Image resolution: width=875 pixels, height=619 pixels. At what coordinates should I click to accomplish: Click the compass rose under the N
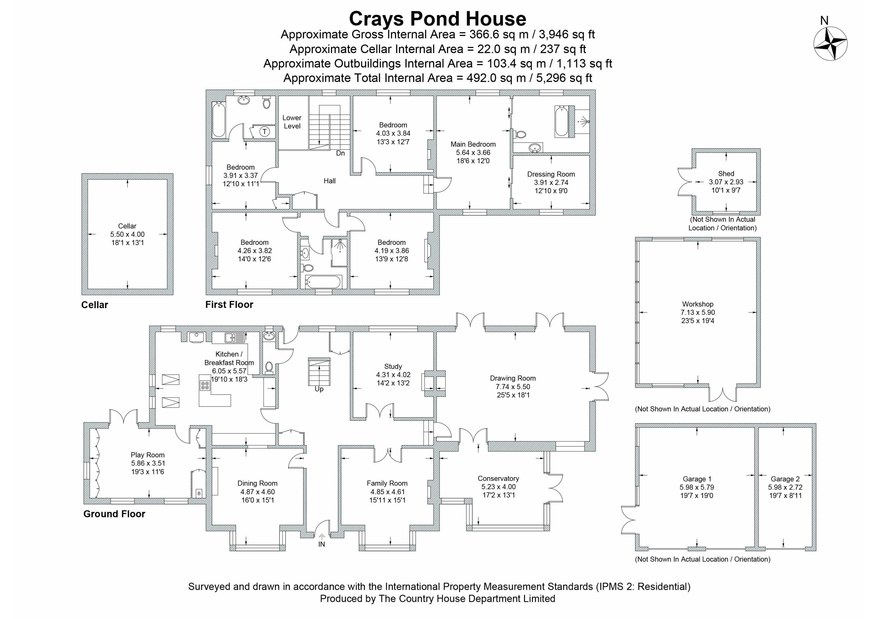pyautogui.click(x=830, y=43)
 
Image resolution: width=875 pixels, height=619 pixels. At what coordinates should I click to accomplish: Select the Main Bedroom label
pyautogui.click(x=473, y=144)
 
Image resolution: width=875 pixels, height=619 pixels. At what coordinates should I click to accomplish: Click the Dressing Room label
pyautogui.click(x=551, y=174)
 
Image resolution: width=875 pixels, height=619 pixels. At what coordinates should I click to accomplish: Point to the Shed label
pyautogui.click(x=726, y=174)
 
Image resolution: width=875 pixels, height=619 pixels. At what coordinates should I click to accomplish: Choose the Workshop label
pyautogui.click(x=698, y=304)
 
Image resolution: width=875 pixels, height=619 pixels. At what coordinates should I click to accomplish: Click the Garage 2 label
pyautogui.click(x=785, y=479)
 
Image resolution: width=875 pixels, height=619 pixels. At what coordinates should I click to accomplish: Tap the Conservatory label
pyautogui.click(x=498, y=478)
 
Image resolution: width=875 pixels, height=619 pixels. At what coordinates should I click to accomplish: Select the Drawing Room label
pyautogui.click(x=513, y=378)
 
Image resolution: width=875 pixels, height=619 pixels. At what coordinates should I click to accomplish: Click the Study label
pyautogui.click(x=393, y=366)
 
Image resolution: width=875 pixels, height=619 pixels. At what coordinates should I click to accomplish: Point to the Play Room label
pyautogui.click(x=147, y=455)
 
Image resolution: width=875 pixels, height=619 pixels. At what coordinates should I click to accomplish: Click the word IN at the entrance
pyautogui.click(x=322, y=544)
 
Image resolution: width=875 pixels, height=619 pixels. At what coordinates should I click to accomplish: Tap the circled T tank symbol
pyautogui.click(x=265, y=131)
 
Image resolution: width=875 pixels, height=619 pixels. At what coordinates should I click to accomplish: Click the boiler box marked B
pyautogui.click(x=198, y=493)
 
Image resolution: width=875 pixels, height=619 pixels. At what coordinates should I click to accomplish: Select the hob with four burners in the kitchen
pyautogui.click(x=205, y=385)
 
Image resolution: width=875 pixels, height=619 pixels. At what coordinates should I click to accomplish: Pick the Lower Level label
pyautogui.click(x=292, y=122)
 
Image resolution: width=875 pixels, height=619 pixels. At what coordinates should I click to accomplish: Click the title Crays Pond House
pyautogui.click(x=437, y=18)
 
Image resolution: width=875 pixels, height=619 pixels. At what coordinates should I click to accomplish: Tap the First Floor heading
pyautogui.click(x=229, y=304)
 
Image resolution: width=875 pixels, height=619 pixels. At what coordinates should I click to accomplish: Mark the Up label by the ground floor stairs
pyautogui.click(x=319, y=389)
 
